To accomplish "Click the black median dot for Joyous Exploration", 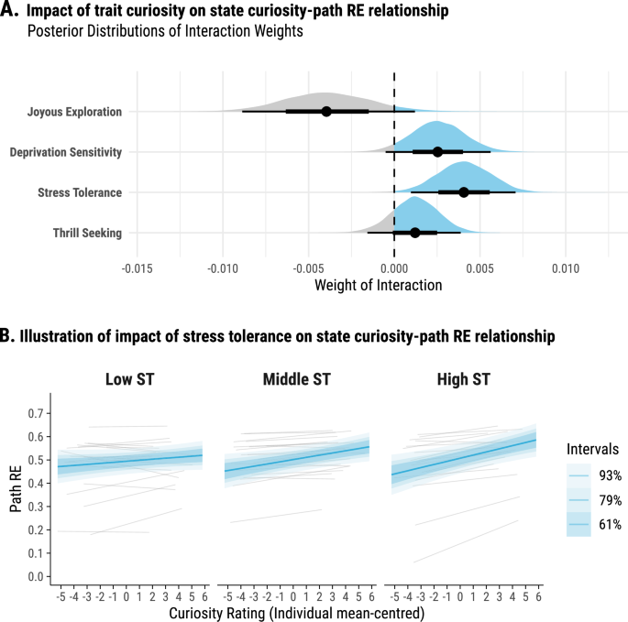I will point(326,112).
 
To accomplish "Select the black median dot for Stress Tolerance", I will point(464,192).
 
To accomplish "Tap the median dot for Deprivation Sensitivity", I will point(437,152).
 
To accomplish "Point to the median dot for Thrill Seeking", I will point(415,233).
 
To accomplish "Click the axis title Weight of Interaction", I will point(378,285).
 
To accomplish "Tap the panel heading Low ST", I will point(130,378).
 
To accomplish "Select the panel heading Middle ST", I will point(295,378).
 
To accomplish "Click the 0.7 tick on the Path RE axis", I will point(36,413).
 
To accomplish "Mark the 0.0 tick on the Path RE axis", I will point(36,576).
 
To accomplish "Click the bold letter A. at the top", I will point(11,12).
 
